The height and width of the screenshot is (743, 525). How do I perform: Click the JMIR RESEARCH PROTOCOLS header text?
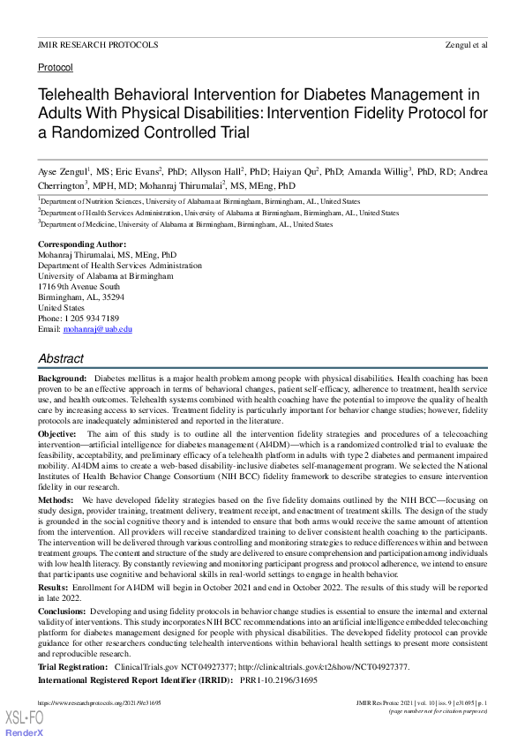click(x=98, y=44)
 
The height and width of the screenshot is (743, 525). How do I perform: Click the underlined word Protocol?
click(x=56, y=67)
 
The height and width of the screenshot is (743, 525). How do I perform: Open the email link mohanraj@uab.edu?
click(x=97, y=328)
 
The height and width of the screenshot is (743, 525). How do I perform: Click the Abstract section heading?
click(x=61, y=359)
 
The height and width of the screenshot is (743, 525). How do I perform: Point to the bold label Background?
click(x=62, y=377)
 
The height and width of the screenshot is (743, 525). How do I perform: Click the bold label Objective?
click(x=57, y=435)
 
